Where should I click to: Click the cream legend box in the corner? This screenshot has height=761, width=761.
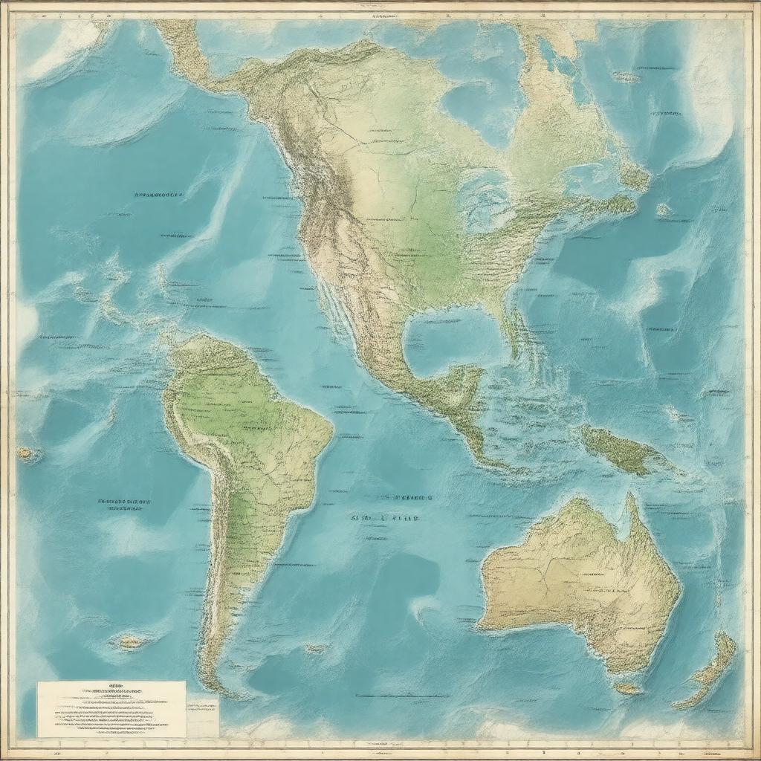[x=111, y=708]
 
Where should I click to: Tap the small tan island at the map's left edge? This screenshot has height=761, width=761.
[x=28, y=453]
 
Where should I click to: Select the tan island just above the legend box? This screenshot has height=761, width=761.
[x=131, y=641]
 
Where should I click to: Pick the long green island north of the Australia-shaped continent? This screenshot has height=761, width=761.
[x=624, y=450]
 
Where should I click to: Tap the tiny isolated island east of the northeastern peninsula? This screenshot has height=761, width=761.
[x=663, y=210]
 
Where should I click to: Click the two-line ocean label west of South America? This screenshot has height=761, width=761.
[x=120, y=505]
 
